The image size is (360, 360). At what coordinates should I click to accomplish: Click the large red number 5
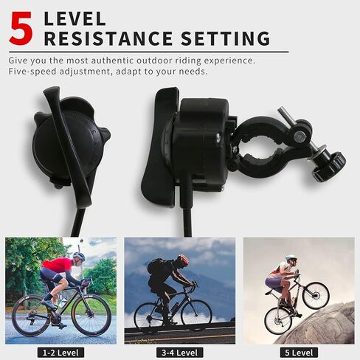[21, 28]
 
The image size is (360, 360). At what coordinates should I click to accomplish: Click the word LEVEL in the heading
[75, 18]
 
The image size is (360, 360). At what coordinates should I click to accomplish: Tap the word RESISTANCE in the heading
[108, 38]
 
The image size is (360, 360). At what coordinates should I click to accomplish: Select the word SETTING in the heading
[226, 38]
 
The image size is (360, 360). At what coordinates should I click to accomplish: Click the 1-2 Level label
[60, 353]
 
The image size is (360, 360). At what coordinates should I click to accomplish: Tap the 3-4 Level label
[180, 353]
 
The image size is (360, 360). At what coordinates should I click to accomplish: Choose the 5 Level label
[299, 353]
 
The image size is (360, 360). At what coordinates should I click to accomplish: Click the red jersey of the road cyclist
[58, 266]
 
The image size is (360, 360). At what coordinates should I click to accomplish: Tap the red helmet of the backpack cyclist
[183, 259]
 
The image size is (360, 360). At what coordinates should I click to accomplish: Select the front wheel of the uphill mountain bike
[316, 296]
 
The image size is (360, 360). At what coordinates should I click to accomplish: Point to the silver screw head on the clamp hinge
[299, 135]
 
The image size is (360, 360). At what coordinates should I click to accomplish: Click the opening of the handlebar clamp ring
[261, 150]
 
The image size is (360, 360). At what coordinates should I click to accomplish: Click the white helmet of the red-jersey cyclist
[79, 256]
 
